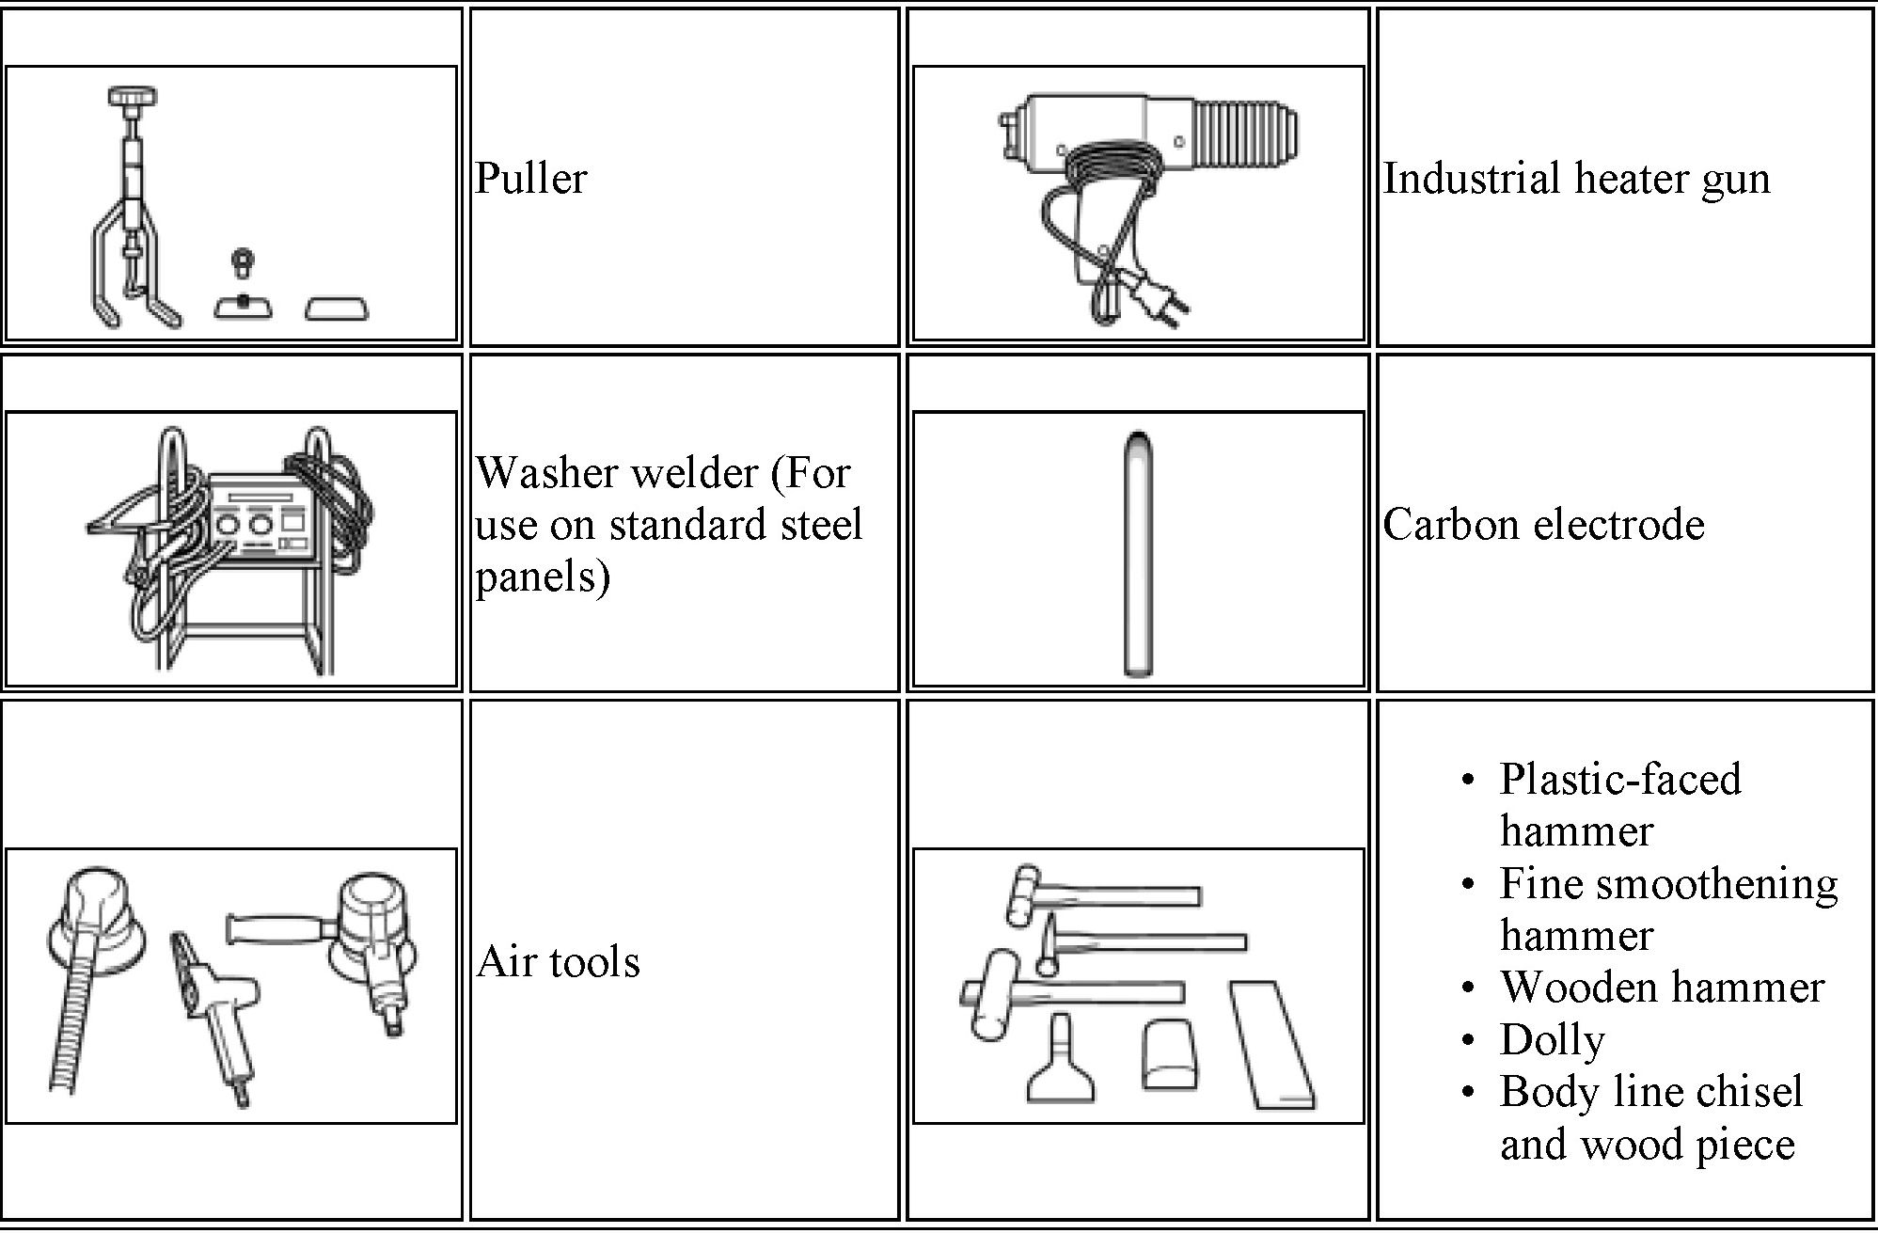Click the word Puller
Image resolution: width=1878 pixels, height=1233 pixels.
tap(530, 178)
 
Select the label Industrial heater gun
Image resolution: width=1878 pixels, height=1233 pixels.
tap(1576, 178)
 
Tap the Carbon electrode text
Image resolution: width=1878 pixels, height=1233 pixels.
tap(1543, 524)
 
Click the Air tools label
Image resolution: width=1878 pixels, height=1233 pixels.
tap(558, 961)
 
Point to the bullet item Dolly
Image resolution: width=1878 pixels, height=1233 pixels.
tap(1552, 1039)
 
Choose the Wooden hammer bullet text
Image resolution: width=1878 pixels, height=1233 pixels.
tap(1662, 987)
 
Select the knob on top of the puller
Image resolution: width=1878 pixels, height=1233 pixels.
tap(133, 96)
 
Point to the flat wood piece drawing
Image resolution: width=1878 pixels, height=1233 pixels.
tap(1270, 1044)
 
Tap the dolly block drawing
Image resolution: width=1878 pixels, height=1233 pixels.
tap(1170, 1053)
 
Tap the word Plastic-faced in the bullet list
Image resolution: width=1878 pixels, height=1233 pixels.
tap(1619, 779)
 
